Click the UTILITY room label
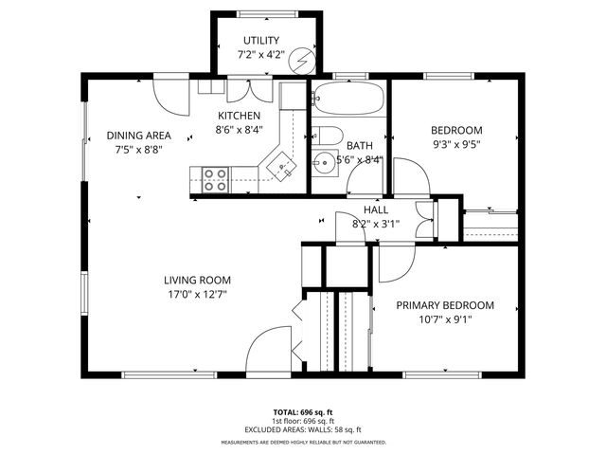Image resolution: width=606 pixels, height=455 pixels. (261, 40)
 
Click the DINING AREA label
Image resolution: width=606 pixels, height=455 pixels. (137, 135)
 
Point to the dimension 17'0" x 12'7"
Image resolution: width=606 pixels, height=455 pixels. (197, 294)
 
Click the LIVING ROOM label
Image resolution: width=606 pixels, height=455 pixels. (197, 280)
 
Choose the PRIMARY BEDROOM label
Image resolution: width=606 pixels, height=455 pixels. (445, 305)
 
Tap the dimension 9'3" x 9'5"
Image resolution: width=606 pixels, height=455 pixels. (456, 145)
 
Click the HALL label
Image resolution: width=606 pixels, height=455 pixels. (376, 209)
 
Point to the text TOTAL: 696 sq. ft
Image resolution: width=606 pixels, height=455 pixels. (303, 412)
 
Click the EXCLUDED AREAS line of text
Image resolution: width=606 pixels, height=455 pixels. (303, 429)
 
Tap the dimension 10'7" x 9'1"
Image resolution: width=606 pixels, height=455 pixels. (445, 319)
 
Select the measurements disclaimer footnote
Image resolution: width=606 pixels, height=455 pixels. (303, 442)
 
